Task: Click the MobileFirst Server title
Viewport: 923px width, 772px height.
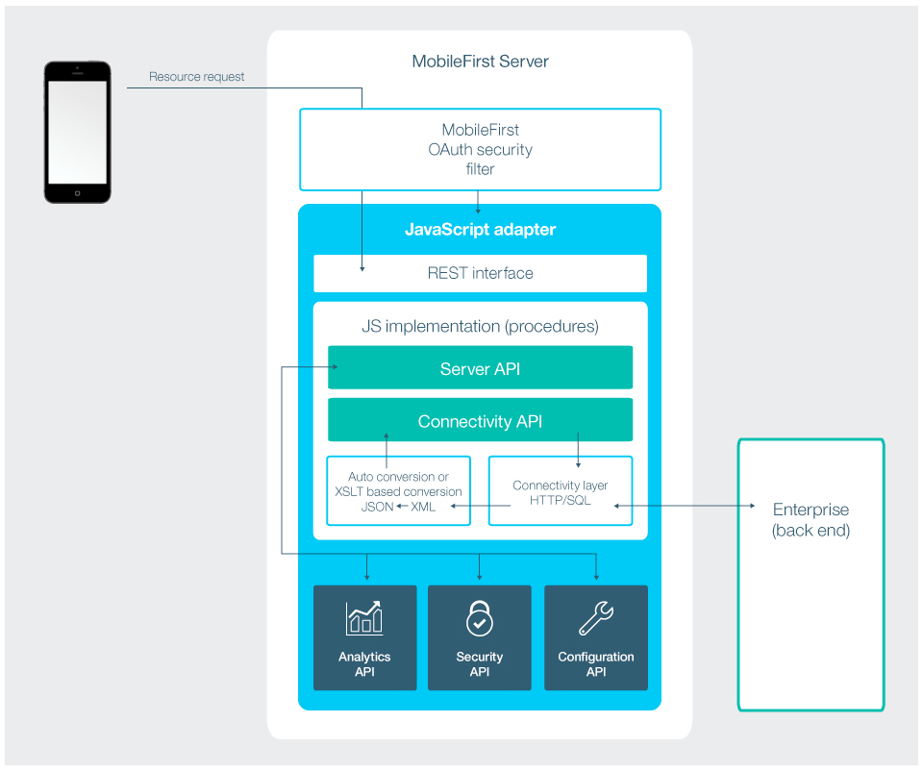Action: point(480,62)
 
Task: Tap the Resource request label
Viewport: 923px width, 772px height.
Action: point(197,77)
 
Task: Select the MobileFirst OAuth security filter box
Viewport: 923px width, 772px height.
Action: point(480,149)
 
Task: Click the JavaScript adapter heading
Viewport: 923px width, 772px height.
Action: point(480,230)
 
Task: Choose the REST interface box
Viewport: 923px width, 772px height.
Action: point(480,273)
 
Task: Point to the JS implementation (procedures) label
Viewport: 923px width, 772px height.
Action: point(480,326)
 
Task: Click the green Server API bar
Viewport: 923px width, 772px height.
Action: point(480,369)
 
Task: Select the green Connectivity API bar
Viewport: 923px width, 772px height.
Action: point(480,421)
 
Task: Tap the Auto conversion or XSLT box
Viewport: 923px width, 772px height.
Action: point(398,491)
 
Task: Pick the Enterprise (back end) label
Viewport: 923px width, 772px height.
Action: point(811,519)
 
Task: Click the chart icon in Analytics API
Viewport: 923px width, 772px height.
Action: point(364,618)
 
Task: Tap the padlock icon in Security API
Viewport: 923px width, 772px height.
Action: point(479,619)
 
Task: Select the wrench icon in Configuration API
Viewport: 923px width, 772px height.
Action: point(596,618)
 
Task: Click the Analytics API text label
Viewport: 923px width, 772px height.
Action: point(364,664)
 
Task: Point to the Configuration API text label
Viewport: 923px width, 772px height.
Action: point(596,664)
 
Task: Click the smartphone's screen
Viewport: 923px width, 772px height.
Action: point(78,132)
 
